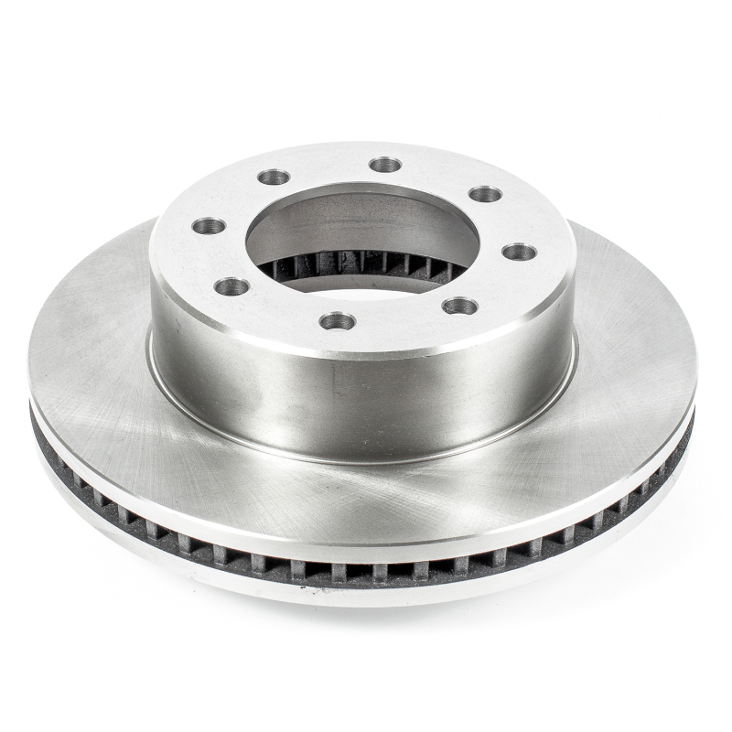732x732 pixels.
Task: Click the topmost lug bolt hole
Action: [x=385, y=165]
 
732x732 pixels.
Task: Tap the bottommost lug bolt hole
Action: [x=338, y=321]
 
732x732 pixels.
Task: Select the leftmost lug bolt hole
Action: [x=209, y=225]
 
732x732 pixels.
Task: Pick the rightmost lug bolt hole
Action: [x=519, y=252]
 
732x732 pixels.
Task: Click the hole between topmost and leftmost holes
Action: [x=274, y=177]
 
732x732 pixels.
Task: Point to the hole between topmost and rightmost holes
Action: [x=485, y=194]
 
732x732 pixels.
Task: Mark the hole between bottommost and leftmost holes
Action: [x=231, y=286]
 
